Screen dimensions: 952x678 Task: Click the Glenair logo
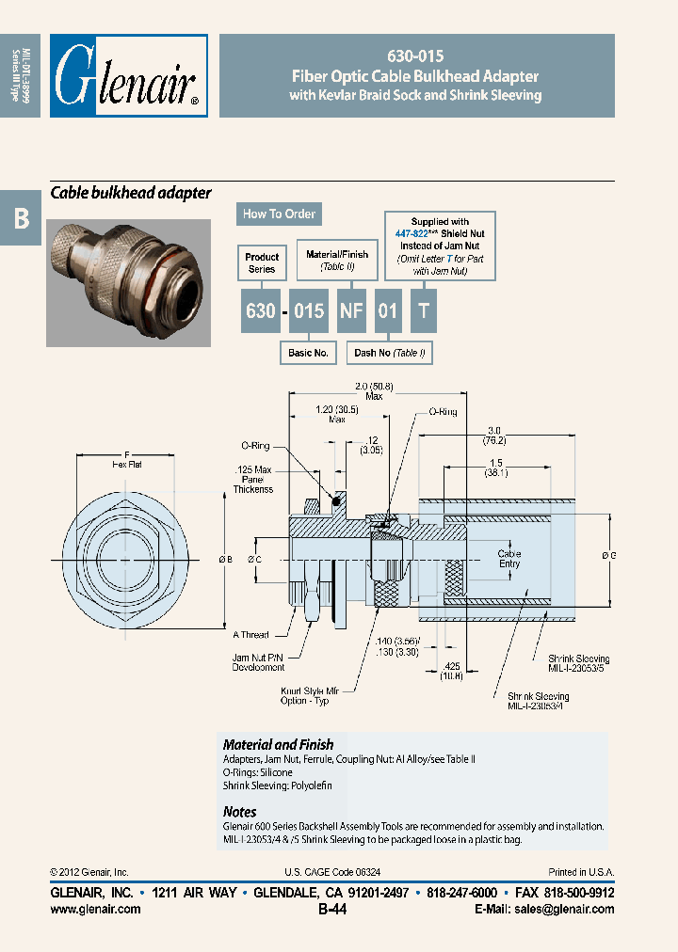pyautogui.click(x=128, y=76)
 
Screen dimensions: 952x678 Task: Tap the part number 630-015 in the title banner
pyautogui.click(x=416, y=56)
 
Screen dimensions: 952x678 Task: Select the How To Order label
pyautogui.click(x=279, y=214)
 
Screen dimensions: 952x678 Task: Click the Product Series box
pyautogui.click(x=262, y=262)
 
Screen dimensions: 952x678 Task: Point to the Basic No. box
pyautogui.click(x=307, y=353)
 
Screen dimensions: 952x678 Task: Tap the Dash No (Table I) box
pyautogui.click(x=390, y=353)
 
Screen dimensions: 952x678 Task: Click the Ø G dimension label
pyautogui.click(x=608, y=556)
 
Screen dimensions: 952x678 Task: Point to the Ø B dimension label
pyautogui.click(x=225, y=561)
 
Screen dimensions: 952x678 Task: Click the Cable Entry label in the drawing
pyautogui.click(x=509, y=559)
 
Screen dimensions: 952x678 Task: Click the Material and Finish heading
pyautogui.click(x=278, y=744)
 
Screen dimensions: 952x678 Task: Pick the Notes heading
pyautogui.click(x=239, y=811)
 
